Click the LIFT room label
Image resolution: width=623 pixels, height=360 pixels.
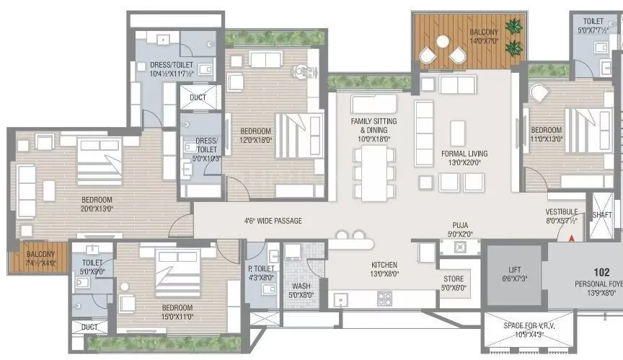(x=514, y=268)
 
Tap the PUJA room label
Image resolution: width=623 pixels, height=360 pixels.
(x=460, y=225)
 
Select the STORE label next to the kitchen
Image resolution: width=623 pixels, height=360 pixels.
(x=454, y=281)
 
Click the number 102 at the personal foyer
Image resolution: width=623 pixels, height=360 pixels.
(x=602, y=272)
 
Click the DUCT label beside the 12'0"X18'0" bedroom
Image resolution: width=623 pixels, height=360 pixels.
(x=198, y=98)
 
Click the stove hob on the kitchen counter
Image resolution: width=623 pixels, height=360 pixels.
(x=385, y=297)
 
